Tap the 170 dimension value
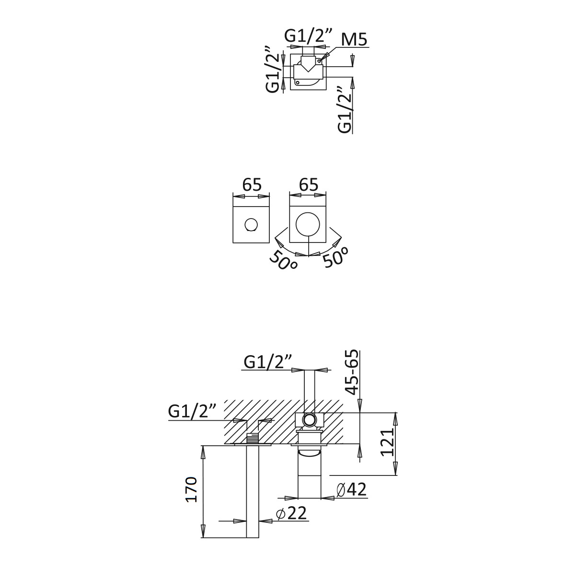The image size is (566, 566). point(191,489)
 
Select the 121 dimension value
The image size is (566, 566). point(388,442)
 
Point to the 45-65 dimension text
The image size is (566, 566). point(351,372)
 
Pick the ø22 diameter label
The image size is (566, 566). point(291,513)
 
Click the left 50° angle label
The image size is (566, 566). point(283,260)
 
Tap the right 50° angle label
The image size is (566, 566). point(335,257)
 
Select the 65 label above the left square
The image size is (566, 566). point(252,185)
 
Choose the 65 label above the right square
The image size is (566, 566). point(309,185)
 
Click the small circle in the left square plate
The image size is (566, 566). point(251,224)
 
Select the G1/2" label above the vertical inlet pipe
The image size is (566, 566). point(267,362)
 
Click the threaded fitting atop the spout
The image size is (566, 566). point(253,438)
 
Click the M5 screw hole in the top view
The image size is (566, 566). point(319,61)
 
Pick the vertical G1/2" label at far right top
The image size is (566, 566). point(345,109)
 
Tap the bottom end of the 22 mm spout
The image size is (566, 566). point(253,537)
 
